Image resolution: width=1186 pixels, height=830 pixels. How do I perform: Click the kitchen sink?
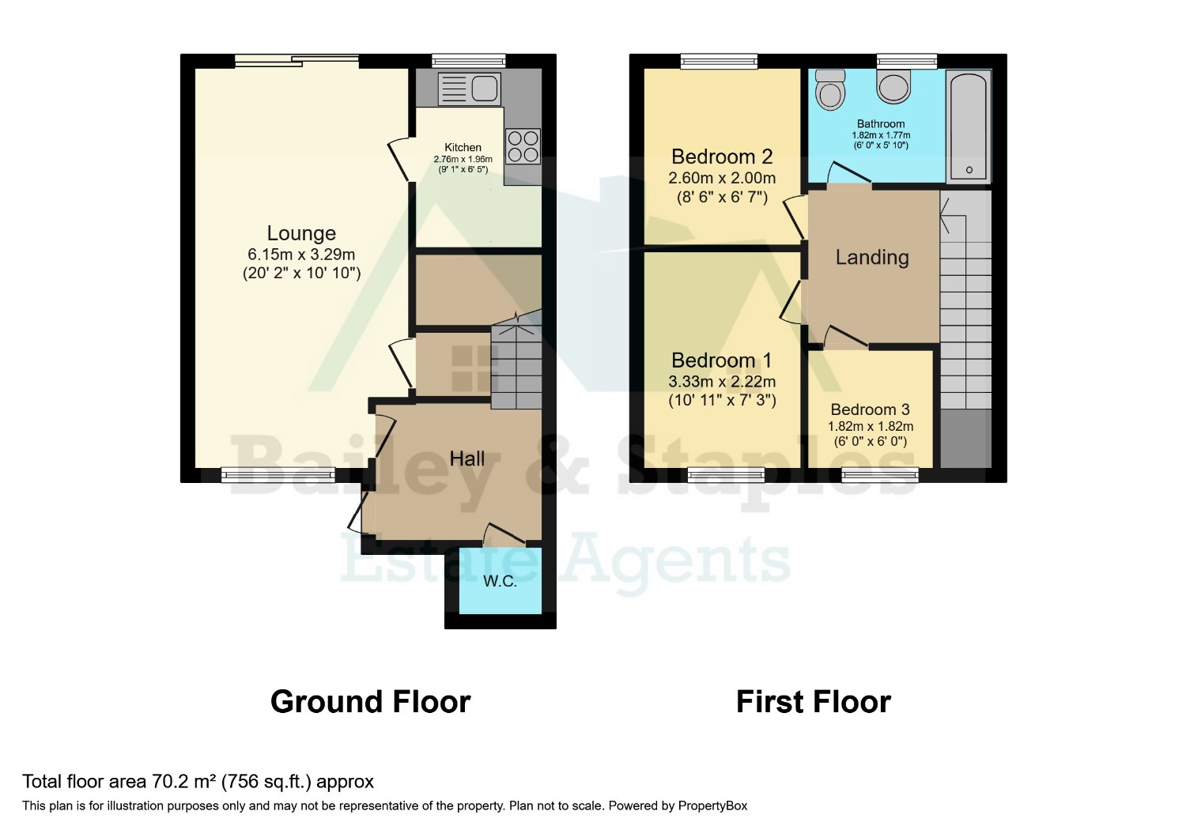[469, 89]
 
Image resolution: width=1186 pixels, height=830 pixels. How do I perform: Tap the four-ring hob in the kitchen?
[523, 146]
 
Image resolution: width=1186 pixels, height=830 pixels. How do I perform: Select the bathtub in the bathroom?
[969, 126]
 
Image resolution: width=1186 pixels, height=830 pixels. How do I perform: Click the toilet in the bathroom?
[829, 90]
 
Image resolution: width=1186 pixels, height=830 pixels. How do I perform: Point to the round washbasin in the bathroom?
[893, 86]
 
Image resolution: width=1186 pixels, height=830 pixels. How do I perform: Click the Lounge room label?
[301, 233]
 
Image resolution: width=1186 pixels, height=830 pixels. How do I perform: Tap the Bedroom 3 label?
[870, 409]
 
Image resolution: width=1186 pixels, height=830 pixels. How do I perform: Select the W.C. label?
[500, 581]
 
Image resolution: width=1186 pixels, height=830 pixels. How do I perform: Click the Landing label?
[872, 257]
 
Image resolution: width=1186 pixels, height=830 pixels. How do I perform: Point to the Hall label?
[467, 458]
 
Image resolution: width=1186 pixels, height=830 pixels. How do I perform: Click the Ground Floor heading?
[371, 702]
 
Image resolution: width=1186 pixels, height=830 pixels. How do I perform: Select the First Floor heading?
[814, 702]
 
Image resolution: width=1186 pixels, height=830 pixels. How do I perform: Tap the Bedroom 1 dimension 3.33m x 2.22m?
[722, 381]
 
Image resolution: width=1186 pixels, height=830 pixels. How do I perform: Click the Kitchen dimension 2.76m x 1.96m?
[463, 159]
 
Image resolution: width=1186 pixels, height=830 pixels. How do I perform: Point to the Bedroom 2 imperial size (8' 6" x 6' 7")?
[722, 198]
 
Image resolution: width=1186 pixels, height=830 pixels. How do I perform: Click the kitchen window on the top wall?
[469, 61]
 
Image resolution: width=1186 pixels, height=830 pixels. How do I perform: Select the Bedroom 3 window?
[880, 475]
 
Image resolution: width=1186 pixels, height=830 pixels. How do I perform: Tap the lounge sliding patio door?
[297, 61]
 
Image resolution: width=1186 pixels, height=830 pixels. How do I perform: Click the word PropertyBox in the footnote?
[712, 806]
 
